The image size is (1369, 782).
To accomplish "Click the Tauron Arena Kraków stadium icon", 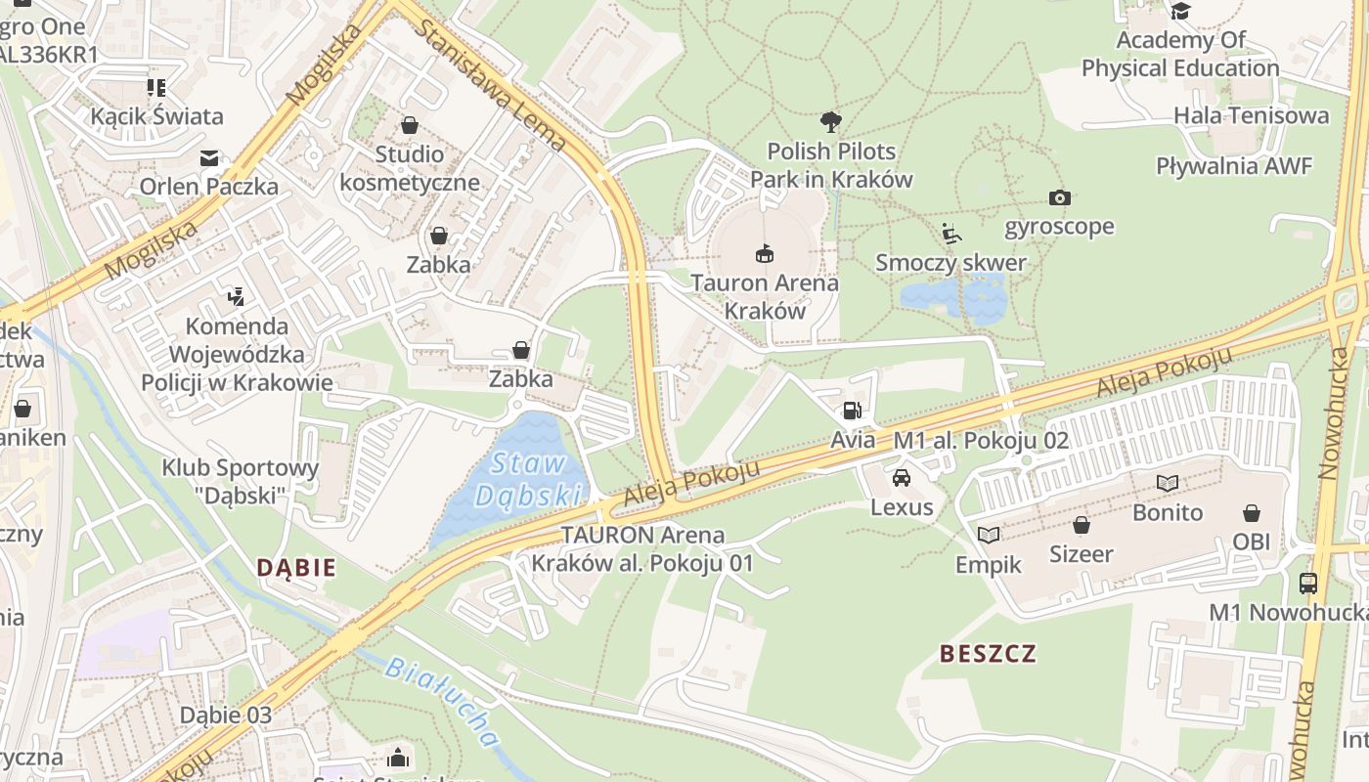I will pos(764,254).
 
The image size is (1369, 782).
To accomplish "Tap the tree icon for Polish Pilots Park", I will pos(830,122).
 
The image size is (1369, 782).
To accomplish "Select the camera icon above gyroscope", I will pos(1059,197).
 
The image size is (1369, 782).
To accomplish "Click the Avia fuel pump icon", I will pos(853,412).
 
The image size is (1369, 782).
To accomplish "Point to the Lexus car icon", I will pos(902,478).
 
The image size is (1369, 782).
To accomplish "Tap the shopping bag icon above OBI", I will pos(1251,513).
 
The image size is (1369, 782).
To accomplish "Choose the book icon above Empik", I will pos(989,536).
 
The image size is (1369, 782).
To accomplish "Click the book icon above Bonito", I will pos(1168,483).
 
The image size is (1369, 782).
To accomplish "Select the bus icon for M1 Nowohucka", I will pos(1308,584).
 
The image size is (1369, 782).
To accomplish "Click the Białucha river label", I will pos(442,701).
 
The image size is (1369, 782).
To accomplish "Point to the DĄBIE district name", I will pos(296,567).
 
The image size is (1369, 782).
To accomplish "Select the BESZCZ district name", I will pos(988,654).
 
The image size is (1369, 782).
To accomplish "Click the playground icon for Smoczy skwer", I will pos(950,234).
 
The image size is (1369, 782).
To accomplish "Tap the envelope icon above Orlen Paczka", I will pos(209,157).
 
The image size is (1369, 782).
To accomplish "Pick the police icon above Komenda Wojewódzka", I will pos(235,296).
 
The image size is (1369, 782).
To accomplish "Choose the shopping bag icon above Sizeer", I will pos(1082,525).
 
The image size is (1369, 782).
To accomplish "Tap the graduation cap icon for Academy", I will pos(1180,11).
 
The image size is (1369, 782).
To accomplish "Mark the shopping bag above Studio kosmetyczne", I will pos(409,126).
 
